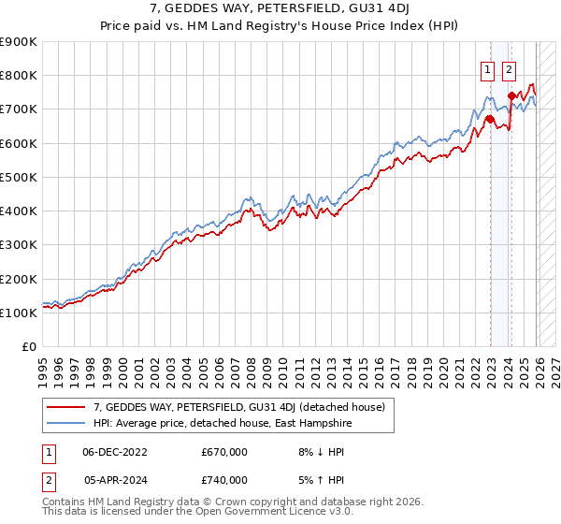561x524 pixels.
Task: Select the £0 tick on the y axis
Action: click(30, 347)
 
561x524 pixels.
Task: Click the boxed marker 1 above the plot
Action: click(489, 68)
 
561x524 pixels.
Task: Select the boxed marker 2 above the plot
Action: click(510, 68)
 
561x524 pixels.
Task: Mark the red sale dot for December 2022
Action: click(490, 119)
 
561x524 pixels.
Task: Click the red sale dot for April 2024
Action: click(511, 95)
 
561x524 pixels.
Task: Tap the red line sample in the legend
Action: click(66, 407)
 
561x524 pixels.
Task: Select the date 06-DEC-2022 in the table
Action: click(115, 451)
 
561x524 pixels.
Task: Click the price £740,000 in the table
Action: click(224, 480)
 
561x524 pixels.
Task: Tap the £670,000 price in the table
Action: click(224, 451)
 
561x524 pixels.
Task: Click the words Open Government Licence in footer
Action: click(263, 513)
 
